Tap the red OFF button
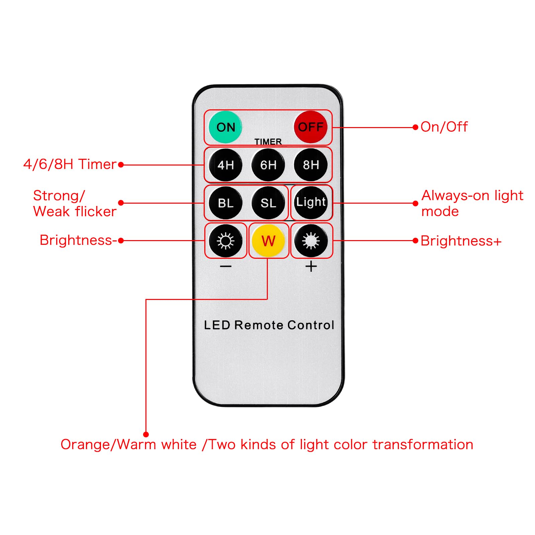(311, 127)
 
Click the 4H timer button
(225, 165)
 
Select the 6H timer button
(268, 165)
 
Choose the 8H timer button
(311, 165)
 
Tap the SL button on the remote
(268, 203)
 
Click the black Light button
(311, 202)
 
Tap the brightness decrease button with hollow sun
(225, 241)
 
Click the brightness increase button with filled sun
(311, 241)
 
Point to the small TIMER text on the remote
(268, 142)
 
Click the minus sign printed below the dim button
(226, 266)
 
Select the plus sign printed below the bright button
(311, 266)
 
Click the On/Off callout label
(444, 127)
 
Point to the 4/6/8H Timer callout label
(70, 165)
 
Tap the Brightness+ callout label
(461, 241)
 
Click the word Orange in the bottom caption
(85, 445)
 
